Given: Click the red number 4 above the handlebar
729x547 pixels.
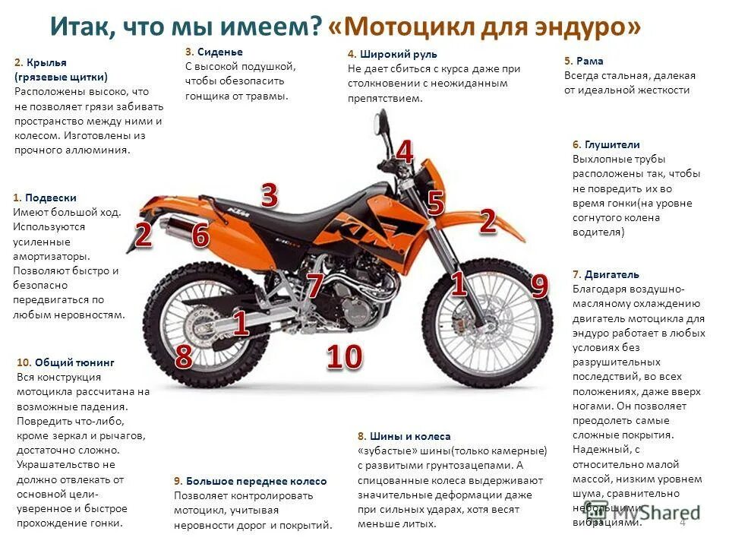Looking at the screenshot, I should click(405, 152).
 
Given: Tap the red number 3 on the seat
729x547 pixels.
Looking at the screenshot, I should click(269, 196).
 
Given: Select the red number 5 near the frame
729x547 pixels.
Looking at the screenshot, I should click(435, 203).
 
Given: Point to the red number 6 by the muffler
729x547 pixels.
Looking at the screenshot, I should click(200, 236).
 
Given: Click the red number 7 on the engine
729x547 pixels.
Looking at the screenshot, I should click(315, 286).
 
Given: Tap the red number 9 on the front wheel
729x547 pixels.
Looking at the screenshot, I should click(538, 286).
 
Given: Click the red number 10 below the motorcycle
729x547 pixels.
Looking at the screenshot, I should click(344, 357).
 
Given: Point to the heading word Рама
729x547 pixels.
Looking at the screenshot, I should click(590, 61).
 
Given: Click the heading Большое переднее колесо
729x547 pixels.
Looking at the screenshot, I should click(255, 481).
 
